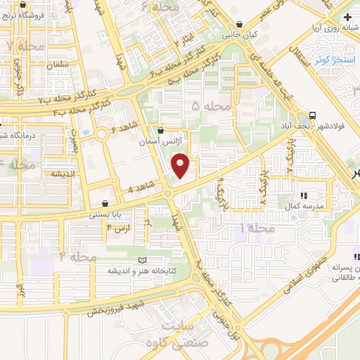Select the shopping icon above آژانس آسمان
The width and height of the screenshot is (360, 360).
point(161,130)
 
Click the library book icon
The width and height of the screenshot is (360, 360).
point(142,260)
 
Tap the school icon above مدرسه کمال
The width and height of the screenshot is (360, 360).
point(304,195)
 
